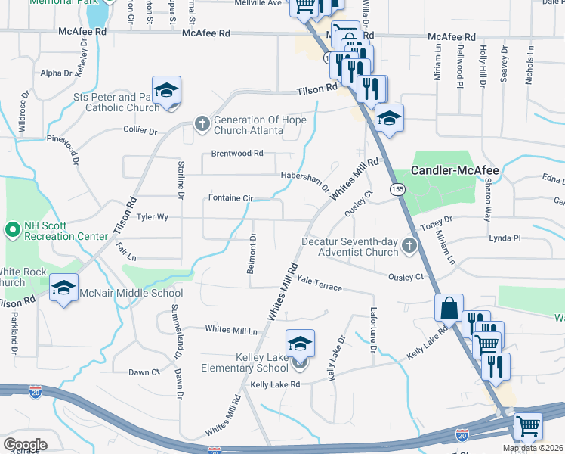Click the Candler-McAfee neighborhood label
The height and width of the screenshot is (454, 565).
(x=455, y=171)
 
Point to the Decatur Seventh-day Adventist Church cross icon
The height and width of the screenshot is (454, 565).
(x=409, y=245)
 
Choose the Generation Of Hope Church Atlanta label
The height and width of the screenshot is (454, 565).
(x=249, y=125)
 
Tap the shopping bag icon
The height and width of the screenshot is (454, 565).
(x=449, y=308)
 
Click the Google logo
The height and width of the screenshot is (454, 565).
(x=25, y=444)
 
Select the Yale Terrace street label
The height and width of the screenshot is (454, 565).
(x=320, y=284)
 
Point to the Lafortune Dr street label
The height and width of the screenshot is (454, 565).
(x=372, y=331)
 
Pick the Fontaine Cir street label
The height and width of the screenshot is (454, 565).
(x=230, y=198)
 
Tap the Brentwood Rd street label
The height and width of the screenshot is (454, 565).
(x=237, y=153)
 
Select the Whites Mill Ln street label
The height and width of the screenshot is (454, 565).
(x=232, y=330)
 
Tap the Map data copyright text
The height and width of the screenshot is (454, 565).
(x=533, y=448)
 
